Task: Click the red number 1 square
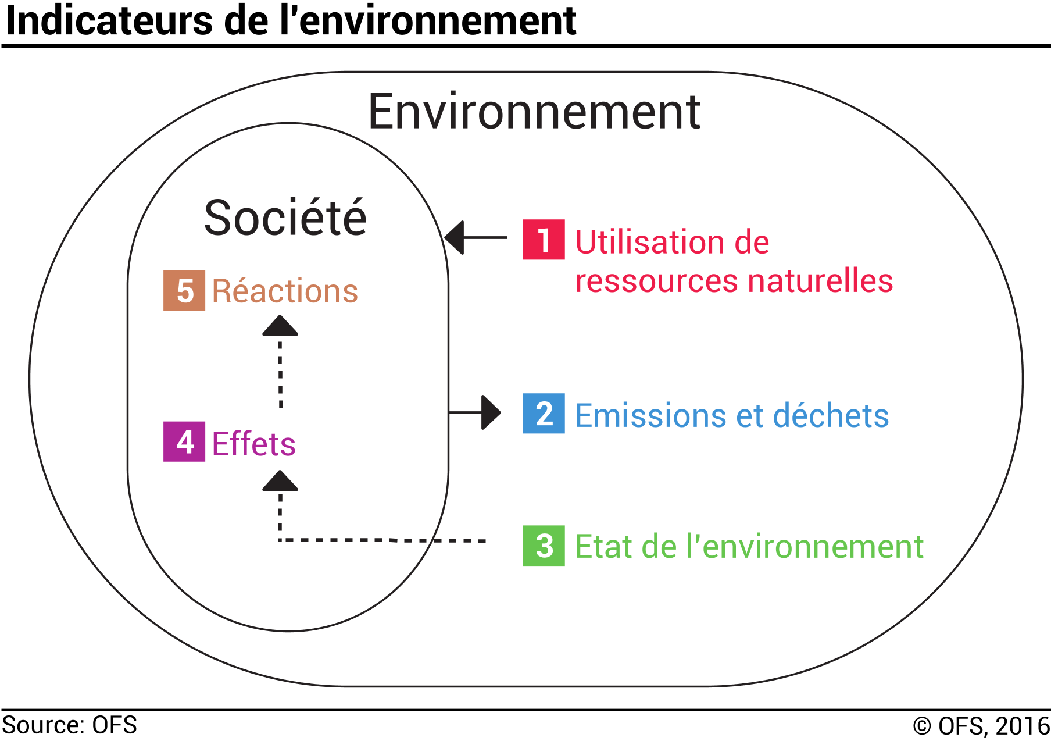pos(544,240)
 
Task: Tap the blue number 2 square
pos(544,414)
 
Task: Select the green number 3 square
pos(544,546)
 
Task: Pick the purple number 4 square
pos(184,441)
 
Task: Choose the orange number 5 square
pos(184,291)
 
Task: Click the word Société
pos(285,218)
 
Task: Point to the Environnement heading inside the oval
pos(534,112)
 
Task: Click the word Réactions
pos(285,291)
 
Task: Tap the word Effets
pos(254,444)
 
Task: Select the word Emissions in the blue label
pos(650,415)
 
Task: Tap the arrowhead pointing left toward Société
pos(455,237)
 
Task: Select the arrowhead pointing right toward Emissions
pos(491,412)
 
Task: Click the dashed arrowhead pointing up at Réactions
pos(280,326)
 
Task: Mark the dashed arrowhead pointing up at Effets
pos(280,481)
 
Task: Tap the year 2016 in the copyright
pos(1022,726)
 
